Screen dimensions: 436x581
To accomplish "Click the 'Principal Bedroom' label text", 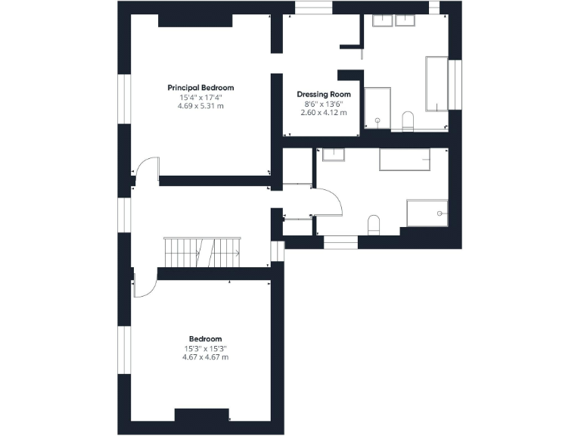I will coord(200,88).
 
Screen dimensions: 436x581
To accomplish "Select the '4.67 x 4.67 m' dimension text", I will coord(205,357).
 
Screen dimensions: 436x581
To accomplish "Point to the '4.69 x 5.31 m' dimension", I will coord(200,106).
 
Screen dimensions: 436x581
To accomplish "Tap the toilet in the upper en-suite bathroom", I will coord(408,120).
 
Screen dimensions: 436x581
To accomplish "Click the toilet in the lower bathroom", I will coord(373,224).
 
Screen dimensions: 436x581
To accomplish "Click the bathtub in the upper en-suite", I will coord(437,83).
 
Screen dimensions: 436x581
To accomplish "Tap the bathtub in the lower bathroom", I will coord(405,160).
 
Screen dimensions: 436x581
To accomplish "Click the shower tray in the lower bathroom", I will coord(427,213).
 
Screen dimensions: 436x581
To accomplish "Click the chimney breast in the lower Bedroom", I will coord(202,416).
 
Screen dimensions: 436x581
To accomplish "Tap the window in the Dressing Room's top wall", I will coord(313,8).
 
